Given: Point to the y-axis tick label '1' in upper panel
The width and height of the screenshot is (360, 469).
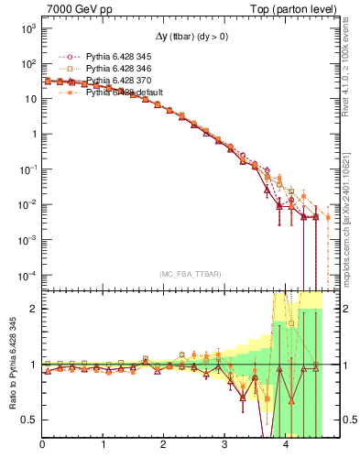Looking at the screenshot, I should pos(33,135).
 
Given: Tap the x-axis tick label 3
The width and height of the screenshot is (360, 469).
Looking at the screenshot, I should pos(224,446).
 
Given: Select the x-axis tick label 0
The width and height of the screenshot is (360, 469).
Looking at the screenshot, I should pos(43,446).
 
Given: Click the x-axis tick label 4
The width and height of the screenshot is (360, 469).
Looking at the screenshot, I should pos(285,446).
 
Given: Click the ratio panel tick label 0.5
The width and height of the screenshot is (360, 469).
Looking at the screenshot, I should pos(28,420).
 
